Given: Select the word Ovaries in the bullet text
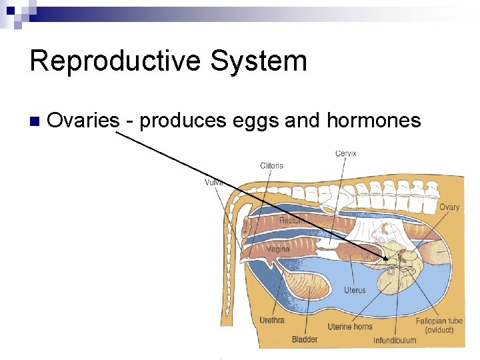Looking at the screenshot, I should pos(83,121).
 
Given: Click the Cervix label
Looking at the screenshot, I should pos(345,153).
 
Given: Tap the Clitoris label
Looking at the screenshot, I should pos(271,166).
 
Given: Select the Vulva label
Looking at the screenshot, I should pos(213,182).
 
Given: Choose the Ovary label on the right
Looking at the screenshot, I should pos(449,207).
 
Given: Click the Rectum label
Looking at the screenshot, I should pos(291,220).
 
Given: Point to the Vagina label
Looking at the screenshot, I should pos(278,249).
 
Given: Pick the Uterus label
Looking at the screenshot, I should pos(355,290).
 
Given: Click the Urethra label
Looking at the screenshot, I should pos(271,320).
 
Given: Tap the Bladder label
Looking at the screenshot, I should pos(305,339).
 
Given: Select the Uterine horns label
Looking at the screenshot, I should pos(349,327).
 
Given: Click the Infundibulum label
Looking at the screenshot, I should pos(394,340).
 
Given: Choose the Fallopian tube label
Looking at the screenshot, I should pos(439,321).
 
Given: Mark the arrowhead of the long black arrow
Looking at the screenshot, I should pos(386,258).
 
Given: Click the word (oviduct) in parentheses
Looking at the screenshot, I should pos(439,330).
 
